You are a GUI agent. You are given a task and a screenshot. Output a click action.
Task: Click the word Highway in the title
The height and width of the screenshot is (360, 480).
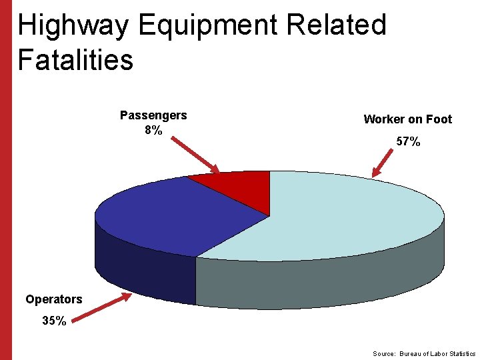coord(73,26)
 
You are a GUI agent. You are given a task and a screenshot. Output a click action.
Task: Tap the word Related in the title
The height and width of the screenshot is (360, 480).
coord(336,26)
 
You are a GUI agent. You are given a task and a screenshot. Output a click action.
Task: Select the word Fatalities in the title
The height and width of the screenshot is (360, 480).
coord(75,60)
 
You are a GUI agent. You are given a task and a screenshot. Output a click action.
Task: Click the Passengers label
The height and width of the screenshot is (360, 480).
coord(153,115)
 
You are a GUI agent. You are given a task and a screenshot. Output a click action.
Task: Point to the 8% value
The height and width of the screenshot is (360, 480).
coord(153,130)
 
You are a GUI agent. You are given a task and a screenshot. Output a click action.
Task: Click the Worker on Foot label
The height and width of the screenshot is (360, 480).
coord(407,119)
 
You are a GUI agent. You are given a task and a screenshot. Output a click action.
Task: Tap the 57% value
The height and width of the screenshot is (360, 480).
coord(408,141)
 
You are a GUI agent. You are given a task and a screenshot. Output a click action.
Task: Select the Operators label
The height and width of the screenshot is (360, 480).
coord(53,299)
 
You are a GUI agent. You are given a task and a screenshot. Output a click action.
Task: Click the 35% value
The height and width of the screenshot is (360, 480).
coord(54,321)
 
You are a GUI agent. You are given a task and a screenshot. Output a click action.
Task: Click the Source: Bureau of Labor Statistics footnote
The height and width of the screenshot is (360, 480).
coord(424,353)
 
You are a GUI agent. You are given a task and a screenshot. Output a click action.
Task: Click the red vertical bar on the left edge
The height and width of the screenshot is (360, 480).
coord(5,180)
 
